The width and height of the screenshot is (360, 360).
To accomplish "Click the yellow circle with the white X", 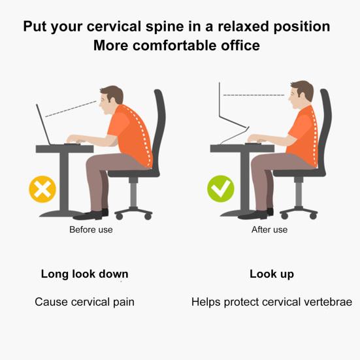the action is point(42,189).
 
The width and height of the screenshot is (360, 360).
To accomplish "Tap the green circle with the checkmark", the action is point(221,189).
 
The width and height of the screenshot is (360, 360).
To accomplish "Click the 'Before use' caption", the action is point(91,229).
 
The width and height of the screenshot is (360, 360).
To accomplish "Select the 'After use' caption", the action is point(269,229).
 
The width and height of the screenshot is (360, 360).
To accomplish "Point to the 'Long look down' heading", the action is point(84,274).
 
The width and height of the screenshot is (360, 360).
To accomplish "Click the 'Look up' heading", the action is point(272,274).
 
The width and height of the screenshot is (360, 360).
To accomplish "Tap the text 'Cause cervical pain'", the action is point(84,302).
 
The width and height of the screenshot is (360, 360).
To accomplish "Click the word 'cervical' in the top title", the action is point(114,26).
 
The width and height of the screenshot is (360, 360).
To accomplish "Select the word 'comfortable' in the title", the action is point(175,46).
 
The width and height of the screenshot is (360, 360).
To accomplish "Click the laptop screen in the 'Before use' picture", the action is point(43,124).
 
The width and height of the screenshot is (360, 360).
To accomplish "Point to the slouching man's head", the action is point(111,99).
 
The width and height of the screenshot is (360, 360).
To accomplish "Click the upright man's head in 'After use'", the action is point(301,95).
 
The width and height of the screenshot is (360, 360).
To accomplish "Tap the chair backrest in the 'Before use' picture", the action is point(159,129).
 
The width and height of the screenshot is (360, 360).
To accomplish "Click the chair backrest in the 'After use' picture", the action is point(325,129).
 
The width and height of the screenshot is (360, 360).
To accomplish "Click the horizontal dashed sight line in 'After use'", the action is point(254,95).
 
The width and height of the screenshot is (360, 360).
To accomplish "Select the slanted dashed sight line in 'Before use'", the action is point(71,109).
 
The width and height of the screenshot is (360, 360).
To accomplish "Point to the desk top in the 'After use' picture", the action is point(242,148).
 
